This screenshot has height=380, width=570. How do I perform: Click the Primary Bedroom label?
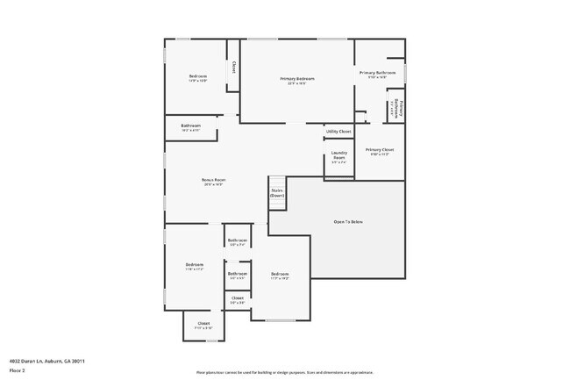(x=297, y=79)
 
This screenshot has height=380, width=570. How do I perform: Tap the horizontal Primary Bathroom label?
(x=377, y=72)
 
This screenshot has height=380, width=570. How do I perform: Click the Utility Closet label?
(x=338, y=131)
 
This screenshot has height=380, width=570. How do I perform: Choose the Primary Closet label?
(x=380, y=149)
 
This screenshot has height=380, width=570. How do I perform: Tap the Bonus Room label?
(x=214, y=180)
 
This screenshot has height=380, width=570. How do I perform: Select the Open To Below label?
(x=348, y=221)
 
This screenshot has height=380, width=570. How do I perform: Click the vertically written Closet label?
(x=233, y=67)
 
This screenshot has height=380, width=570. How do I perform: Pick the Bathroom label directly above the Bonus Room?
(x=191, y=125)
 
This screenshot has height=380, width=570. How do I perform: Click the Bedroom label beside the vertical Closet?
(x=198, y=76)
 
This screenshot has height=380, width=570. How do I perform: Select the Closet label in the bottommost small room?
(x=203, y=323)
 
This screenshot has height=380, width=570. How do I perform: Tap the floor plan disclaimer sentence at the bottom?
(x=284, y=371)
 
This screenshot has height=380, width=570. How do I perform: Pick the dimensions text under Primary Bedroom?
(x=297, y=84)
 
